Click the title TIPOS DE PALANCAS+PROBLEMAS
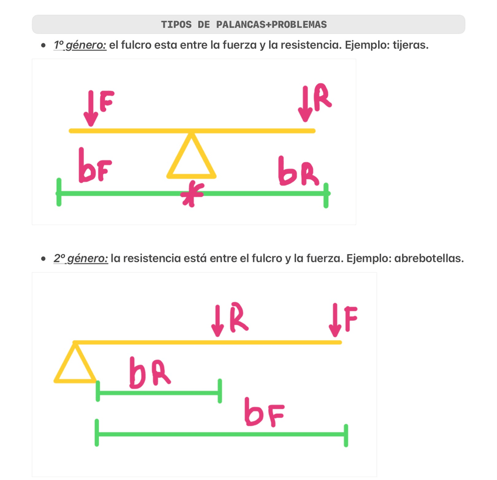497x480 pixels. coord(244,25)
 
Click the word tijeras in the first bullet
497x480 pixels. coord(410,45)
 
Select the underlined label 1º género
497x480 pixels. coord(80,45)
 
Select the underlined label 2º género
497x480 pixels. coord(81,258)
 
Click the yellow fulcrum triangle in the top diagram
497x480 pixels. coord(191,158)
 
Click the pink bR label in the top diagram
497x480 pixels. coord(298,171)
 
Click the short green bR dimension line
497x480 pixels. coord(158,392)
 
